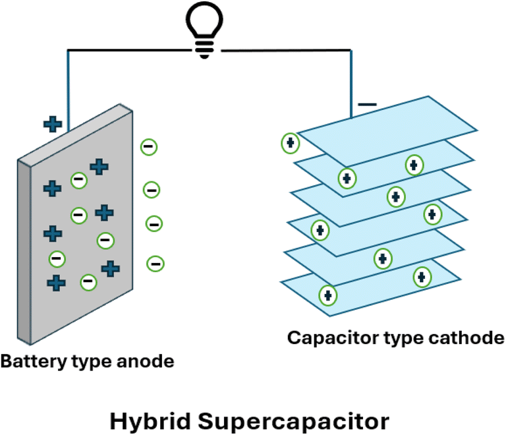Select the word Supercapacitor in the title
[293, 422]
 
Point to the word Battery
[33, 362]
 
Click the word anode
[145, 361]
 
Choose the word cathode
[466, 337]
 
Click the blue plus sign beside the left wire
[53, 125]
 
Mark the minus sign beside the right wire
[367, 104]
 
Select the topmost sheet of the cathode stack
[387, 130]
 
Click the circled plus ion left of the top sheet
[291, 143]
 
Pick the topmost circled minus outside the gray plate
[149, 147]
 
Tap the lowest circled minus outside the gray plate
[155, 264]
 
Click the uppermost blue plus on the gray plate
[99, 167]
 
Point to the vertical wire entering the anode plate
[68, 91]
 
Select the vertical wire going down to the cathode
[351, 84]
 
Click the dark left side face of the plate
[24, 252]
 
